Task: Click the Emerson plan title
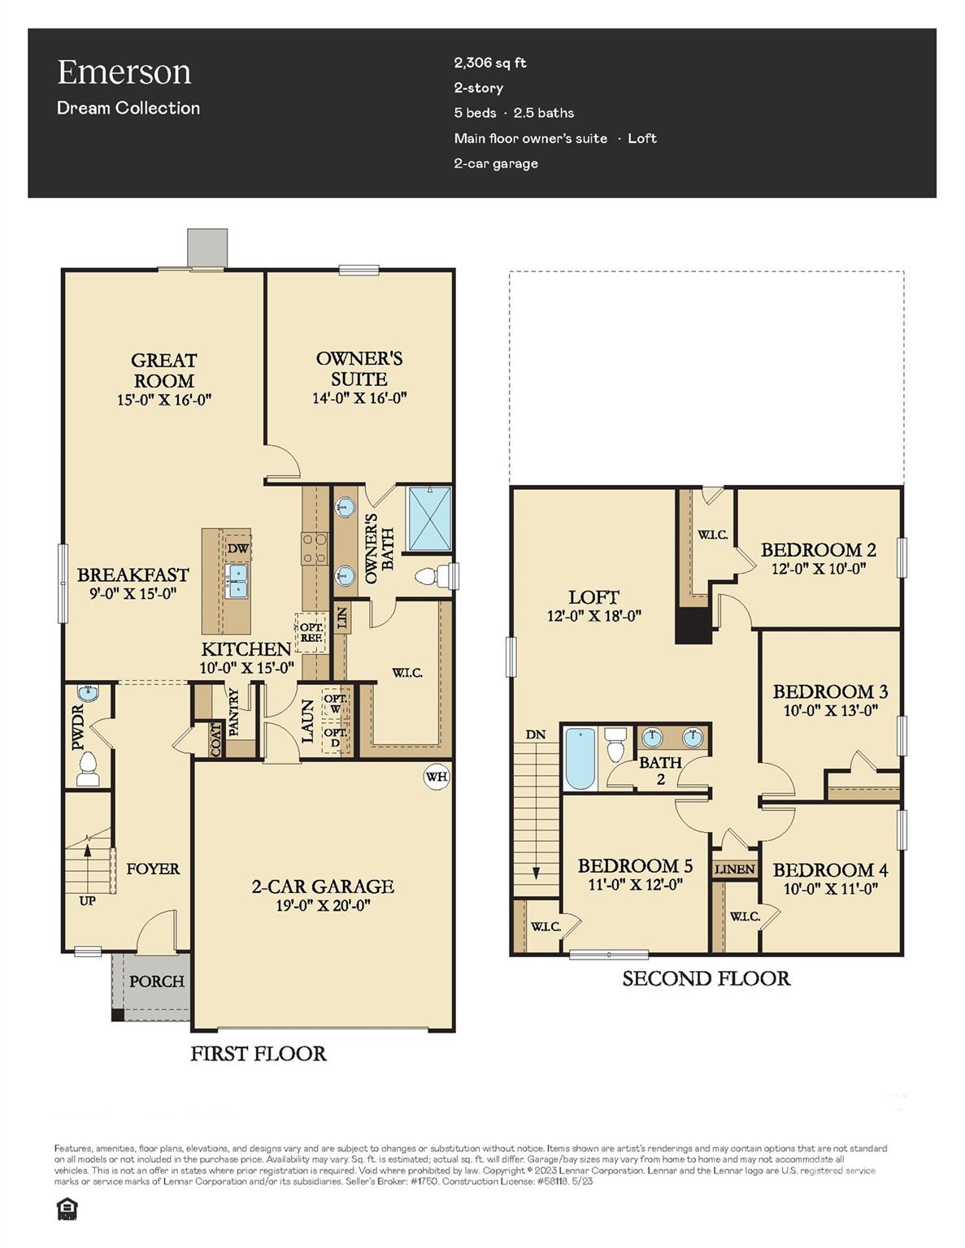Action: pos(124,72)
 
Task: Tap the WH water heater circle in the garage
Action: pos(437,777)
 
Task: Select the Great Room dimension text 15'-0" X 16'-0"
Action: pos(164,400)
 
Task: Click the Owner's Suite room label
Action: pos(359,369)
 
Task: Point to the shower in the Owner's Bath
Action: pos(428,518)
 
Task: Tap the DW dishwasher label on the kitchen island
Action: pos(237,548)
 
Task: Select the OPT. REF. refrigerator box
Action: pos(311,632)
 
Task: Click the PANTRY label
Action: pos(234,713)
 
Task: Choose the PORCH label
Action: pos(157,981)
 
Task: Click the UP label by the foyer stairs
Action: pos(87,900)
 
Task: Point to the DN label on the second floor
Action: pos(535,734)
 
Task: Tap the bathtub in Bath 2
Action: pos(580,758)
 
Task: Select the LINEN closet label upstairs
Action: pos(735,869)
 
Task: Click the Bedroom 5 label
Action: pos(635,866)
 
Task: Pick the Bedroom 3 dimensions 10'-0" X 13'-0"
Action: pos(830,711)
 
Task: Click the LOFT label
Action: pos(593,597)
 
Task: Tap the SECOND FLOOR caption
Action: pos(706,979)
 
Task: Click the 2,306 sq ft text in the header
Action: pos(490,63)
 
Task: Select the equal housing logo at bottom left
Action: pos(67,1210)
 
